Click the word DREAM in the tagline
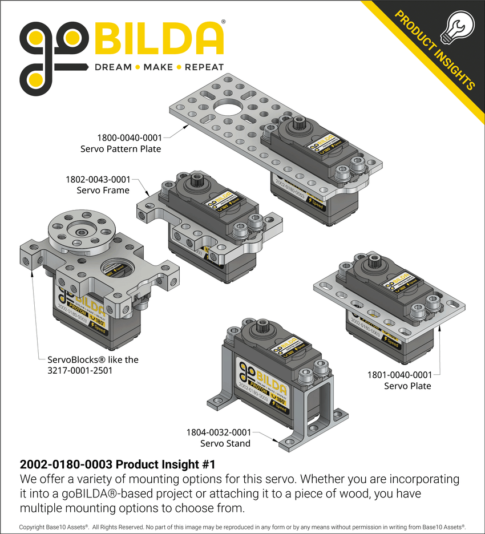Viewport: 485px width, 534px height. pyautogui.click(x=112, y=67)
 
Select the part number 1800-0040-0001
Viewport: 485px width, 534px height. pyautogui.click(x=129, y=137)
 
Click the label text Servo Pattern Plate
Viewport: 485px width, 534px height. pyautogui.click(x=120, y=149)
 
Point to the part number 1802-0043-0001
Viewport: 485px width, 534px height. pyautogui.click(x=98, y=179)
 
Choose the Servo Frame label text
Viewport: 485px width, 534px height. pyautogui.click(x=103, y=190)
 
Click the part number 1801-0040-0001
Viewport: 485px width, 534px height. pyautogui.click(x=399, y=375)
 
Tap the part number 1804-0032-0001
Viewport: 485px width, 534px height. pyautogui.click(x=218, y=432)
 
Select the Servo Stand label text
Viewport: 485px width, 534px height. pyautogui.click(x=225, y=443)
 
